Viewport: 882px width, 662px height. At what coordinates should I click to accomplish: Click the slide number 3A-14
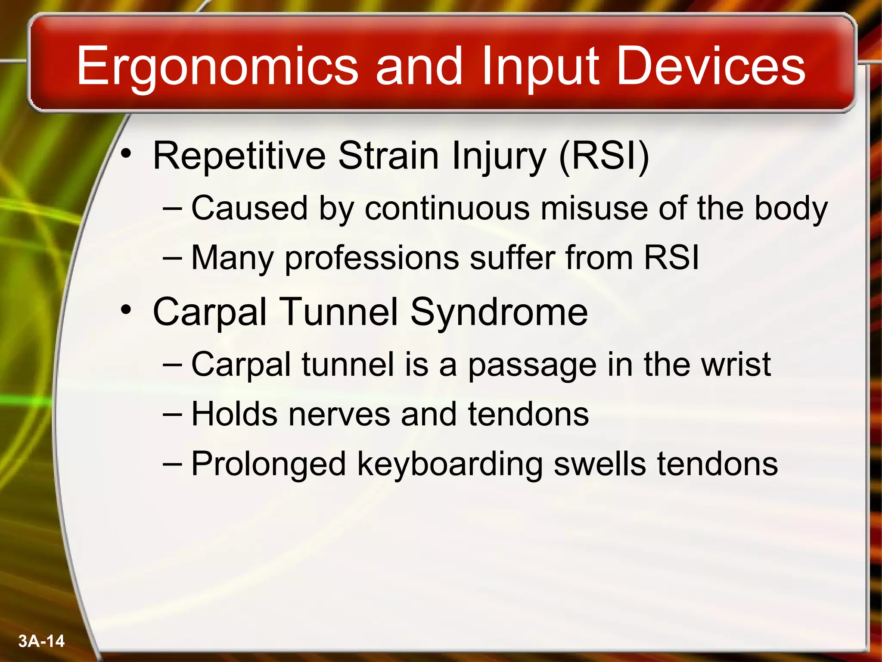click(x=41, y=641)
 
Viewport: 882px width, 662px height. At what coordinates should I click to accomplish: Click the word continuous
click(x=447, y=209)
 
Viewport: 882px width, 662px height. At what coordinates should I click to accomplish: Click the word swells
click(x=599, y=464)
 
